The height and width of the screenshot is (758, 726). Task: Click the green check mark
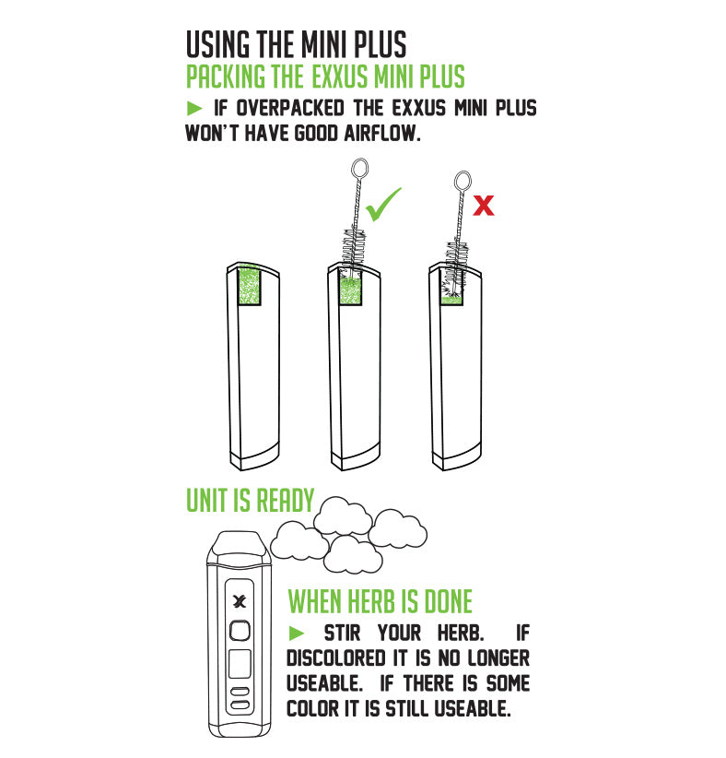pyautogui.click(x=382, y=205)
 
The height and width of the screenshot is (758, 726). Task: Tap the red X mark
pyautogui.click(x=483, y=206)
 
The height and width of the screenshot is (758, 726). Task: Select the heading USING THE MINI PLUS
pyautogui.click(x=296, y=44)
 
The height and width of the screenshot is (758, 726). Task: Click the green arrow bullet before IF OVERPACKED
pyautogui.click(x=193, y=108)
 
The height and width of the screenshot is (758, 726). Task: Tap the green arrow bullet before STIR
pyautogui.click(x=296, y=633)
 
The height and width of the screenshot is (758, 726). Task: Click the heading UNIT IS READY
pyautogui.click(x=250, y=500)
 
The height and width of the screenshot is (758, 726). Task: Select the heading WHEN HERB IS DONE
pyautogui.click(x=380, y=602)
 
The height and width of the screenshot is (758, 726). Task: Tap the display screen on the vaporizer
pyautogui.click(x=240, y=663)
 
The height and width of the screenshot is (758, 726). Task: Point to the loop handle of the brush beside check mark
pyautogui.click(x=359, y=169)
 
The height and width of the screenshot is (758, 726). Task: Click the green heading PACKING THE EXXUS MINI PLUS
pyautogui.click(x=325, y=76)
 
